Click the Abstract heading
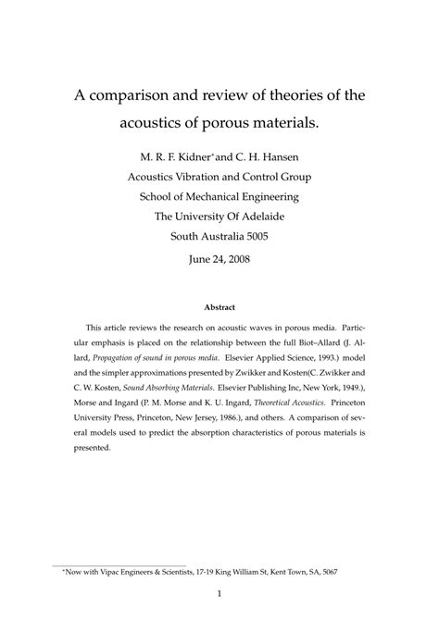click(219, 307)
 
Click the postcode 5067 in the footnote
click(330, 572)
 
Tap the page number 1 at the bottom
click(219, 596)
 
